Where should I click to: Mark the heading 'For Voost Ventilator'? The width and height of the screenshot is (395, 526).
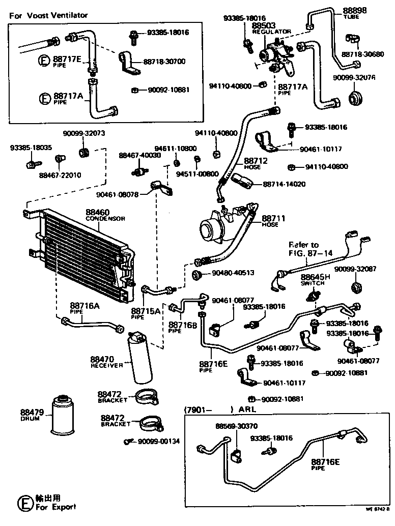click(x=48, y=15)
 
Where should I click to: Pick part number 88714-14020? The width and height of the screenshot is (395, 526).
click(x=285, y=184)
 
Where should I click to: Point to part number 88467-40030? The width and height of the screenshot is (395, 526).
click(x=139, y=155)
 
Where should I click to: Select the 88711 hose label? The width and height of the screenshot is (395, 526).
click(x=274, y=218)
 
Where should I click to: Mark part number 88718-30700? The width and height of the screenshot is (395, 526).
click(x=164, y=62)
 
